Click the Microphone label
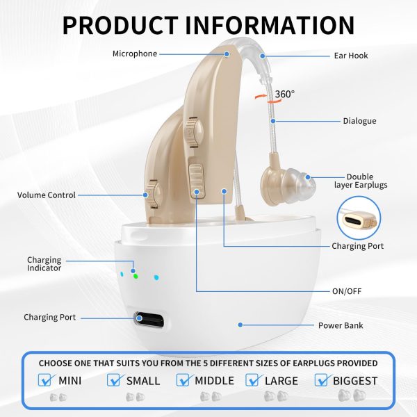pyautogui.click(x=135, y=54)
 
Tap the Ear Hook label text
pyautogui.click(x=351, y=56)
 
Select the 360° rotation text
pyautogui.click(x=284, y=94)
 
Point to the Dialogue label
pyautogui.click(x=359, y=121)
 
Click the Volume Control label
pyautogui.click(x=47, y=195)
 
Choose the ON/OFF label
pyautogui.click(x=347, y=291)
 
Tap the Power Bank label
pyautogui.click(x=341, y=325)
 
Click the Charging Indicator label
pyautogui.click(x=44, y=264)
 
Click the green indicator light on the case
pyautogui.click(x=136, y=277)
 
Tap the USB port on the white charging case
pyautogui.click(x=149, y=320)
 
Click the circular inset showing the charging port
pyautogui.click(x=359, y=218)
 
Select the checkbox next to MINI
pyautogui.click(x=45, y=380)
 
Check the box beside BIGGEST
pyautogui.click(x=322, y=380)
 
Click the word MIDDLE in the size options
pyautogui.click(x=214, y=381)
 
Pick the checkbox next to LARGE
pyautogui.click(x=253, y=380)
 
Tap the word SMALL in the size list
pyautogui.click(x=143, y=381)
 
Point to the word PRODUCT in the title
pyautogui.click(x=120, y=25)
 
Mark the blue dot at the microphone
pyautogui.click(x=227, y=54)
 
